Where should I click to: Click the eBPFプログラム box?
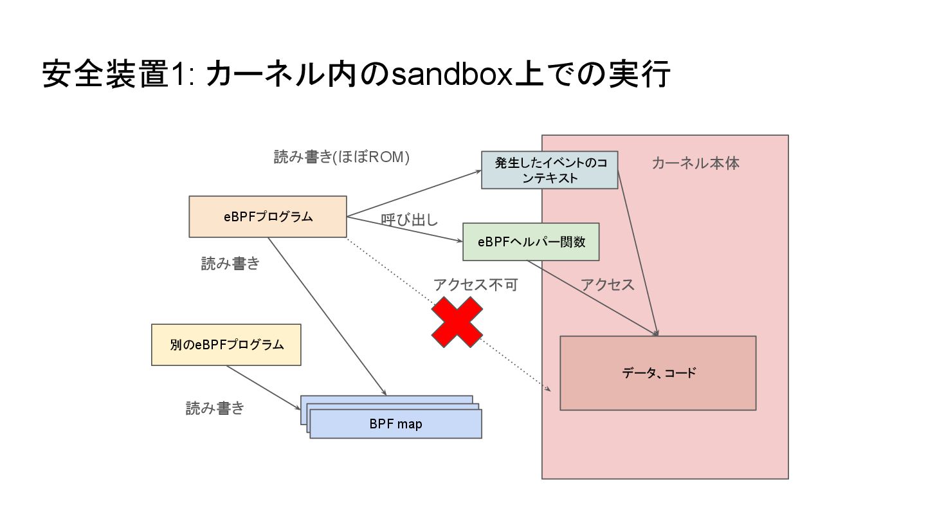point(268,217)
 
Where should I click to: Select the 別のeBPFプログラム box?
point(226,345)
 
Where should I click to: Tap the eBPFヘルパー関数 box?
point(531,242)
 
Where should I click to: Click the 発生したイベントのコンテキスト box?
point(550,170)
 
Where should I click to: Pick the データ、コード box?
point(658,373)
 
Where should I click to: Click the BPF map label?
point(395,424)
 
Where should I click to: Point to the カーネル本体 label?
point(695,163)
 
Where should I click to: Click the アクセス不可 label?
point(475,285)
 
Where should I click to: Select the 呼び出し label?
point(409,220)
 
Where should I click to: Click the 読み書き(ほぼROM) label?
point(341,157)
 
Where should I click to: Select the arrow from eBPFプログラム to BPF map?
point(326,316)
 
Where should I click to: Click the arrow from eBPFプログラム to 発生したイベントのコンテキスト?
point(414,194)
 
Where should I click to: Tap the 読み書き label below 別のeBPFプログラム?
point(215,408)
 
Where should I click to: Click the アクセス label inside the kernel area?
point(607,285)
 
